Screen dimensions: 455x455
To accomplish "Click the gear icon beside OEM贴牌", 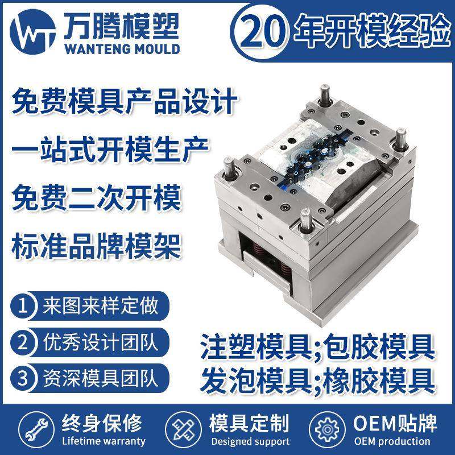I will click(328, 430).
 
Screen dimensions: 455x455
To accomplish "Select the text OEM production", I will click(392, 441).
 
